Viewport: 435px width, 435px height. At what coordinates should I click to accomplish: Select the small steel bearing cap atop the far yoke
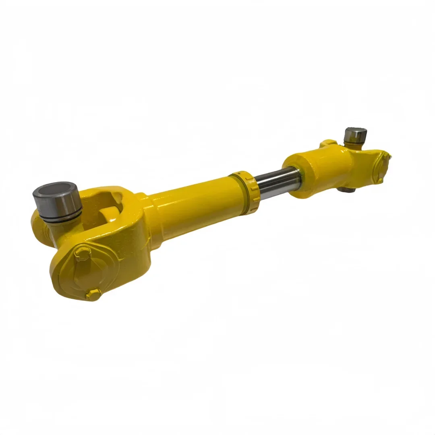click(355, 135)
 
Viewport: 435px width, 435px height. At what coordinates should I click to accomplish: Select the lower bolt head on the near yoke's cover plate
click(93, 294)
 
